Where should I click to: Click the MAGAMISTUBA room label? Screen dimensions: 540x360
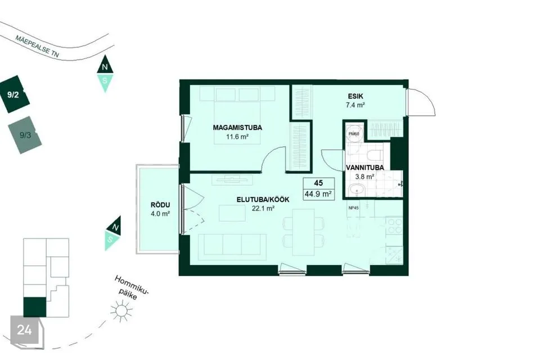(x=237, y=128)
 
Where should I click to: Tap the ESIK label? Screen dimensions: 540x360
(x=355, y=96)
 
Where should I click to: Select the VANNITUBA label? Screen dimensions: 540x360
(x=364, y=168)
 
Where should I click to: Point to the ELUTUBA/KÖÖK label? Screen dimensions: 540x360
(x=263, y=200)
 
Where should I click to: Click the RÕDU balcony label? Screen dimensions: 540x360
(x=160, y=205)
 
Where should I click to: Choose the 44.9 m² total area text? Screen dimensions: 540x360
(x=318, y=194)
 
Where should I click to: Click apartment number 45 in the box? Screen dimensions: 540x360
(x=318, y=183)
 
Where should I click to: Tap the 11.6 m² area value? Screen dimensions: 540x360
(x=237, y=137)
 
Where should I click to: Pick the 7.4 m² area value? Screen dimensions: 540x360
(x=355, y=105)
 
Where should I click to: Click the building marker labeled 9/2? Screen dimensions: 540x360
(x=13, y=94)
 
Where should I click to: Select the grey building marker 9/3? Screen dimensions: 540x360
(x=25, y=135)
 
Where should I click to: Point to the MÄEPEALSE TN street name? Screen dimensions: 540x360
(x=37, y=46)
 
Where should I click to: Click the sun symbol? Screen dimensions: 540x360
(x=121, y=311)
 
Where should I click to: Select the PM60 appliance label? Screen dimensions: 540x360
(x=354, y=133)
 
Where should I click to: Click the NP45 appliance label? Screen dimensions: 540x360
(x=353, y=208)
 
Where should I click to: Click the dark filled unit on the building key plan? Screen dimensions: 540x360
(x=35, y=307)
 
